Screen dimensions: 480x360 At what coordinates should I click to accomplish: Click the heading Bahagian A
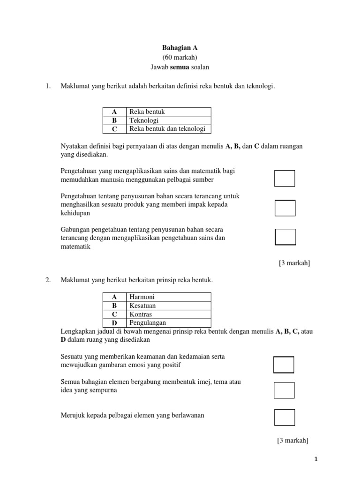(x=180, y=48)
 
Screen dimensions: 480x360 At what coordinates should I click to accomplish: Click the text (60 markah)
(x=180, y=57)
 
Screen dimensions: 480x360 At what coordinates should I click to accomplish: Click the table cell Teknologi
(x=144, y=120)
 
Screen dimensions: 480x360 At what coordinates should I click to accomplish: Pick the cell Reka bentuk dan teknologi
(x=167, y=129)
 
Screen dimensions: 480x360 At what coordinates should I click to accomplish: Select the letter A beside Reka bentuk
(x=114, y=112)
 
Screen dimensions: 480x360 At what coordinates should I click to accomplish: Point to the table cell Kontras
(x=141, y=315)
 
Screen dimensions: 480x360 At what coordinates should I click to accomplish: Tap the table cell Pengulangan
(x=148, y=323)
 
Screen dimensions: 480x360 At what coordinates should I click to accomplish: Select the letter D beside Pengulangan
(x=114, y=323)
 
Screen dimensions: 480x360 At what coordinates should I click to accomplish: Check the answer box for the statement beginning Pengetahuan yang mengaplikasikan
(x=285, y=179)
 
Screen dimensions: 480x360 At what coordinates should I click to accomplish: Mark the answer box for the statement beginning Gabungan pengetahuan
(x=285, y=237)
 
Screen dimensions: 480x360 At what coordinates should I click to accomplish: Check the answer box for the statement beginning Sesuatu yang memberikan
(x=284, y=365)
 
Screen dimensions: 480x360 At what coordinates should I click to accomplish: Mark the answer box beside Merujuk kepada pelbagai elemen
(x=285, y=418)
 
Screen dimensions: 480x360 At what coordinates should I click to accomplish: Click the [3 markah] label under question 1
(x=294, y=263)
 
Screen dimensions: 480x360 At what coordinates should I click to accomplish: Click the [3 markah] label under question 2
(x=292, y=440)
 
